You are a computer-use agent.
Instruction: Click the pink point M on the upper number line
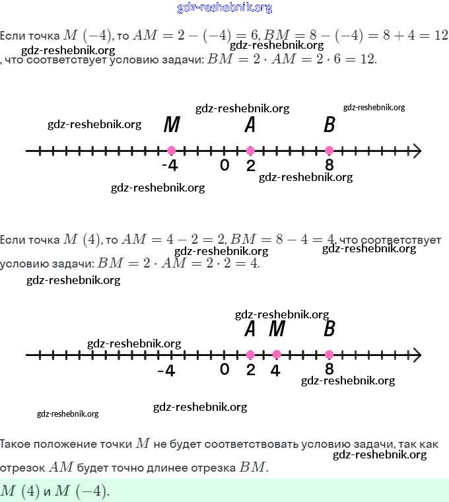point(172,151)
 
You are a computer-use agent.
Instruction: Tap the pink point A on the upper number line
point(250,151)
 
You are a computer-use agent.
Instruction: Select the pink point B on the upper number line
point(329,151)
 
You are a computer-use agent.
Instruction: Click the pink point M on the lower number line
point(277,354)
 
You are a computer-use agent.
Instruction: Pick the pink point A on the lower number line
point(250,354)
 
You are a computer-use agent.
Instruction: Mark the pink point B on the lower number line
point(329,354)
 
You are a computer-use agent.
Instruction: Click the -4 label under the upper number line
point(170,166)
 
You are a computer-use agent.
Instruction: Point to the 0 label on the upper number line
point(224,165)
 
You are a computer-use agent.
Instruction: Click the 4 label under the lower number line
point(275,371)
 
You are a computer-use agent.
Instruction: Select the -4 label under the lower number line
point(166,371)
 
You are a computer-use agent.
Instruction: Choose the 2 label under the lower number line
point(250,370)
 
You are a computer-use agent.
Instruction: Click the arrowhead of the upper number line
point(416,151)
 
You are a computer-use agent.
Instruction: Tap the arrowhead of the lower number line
point(416,354)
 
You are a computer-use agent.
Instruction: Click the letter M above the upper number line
point(172,125)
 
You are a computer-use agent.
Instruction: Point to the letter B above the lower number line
point(329,328)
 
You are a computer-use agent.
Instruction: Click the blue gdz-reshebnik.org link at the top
point(224,8)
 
